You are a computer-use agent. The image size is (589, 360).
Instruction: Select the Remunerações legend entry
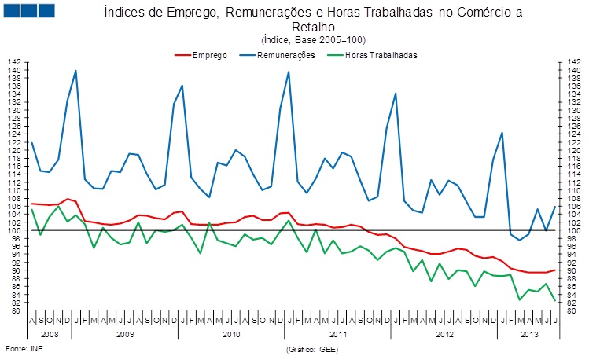click(285, 55)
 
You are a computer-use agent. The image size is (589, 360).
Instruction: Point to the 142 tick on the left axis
click(16, 62)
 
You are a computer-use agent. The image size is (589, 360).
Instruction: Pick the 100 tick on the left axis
click(16, 230)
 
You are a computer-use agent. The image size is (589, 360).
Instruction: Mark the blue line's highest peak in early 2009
click(75, 71)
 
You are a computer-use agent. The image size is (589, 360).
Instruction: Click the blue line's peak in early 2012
click(395, 94)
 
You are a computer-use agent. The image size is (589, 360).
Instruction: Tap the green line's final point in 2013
click(555, 301)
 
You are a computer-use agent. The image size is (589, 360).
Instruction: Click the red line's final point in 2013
click(555, 270)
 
